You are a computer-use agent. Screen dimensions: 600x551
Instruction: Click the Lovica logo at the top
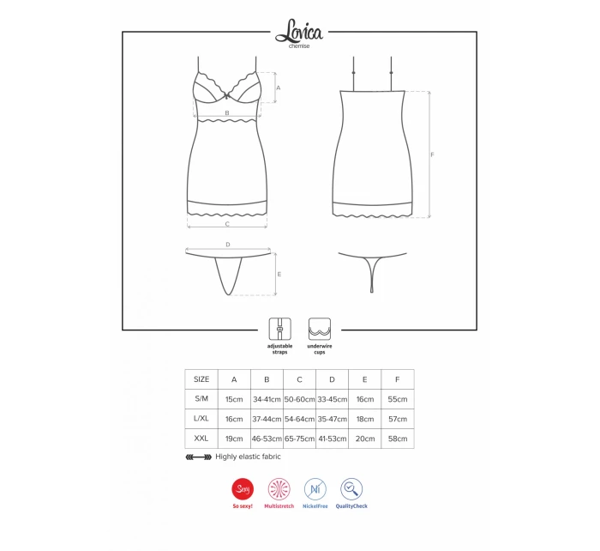point(299,32)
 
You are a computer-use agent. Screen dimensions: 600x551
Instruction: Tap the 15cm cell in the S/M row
point(234,399)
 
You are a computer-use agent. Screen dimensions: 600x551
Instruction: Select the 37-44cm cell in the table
point(267,419)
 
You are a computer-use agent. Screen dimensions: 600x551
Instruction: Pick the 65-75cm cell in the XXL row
point(300,439)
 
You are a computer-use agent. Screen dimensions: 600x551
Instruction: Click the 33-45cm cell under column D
point(333,399)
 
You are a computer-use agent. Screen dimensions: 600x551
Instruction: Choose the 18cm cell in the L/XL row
point(365,419)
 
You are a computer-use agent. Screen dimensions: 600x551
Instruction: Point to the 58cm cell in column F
point(398,439)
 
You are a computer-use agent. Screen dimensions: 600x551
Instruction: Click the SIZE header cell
point(201,379)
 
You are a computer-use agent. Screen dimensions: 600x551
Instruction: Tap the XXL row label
point(201,439)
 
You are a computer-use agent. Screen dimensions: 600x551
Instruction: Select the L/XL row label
point(201,419)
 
